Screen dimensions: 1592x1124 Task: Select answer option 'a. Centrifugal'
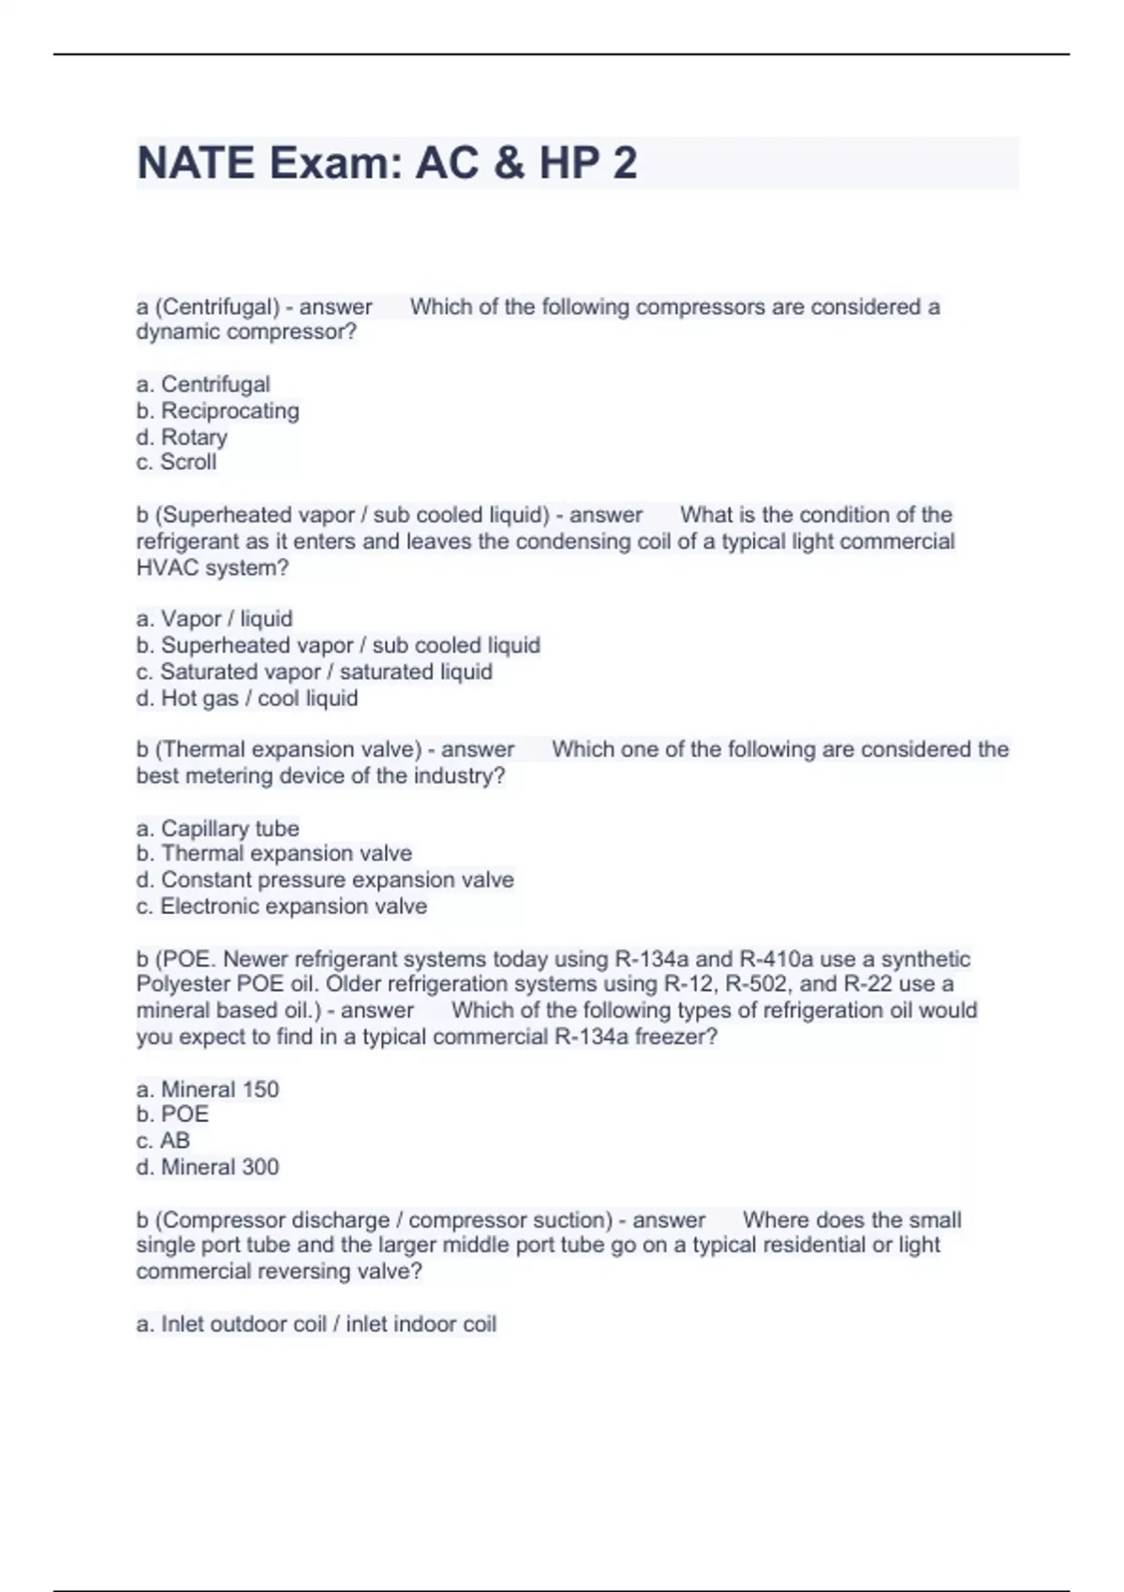pos(203,384)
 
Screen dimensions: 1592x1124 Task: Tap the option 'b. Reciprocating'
pos(217,410)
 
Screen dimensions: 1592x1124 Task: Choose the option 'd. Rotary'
pos(182,436)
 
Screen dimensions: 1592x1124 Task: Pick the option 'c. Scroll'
pos(176,462)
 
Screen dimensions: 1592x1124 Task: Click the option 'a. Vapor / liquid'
pos(214,618)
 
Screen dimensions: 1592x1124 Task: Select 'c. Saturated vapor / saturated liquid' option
pos(314,671)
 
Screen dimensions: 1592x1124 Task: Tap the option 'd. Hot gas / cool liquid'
pos(247,698)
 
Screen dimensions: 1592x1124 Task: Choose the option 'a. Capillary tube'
pos(217,828)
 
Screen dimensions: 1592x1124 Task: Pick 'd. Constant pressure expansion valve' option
pos(325,879)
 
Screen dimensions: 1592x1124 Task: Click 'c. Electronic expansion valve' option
pos(281,906)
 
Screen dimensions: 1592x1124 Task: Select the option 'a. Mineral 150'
pos(207,1089)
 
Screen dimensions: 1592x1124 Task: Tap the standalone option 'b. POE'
pos(172,1113)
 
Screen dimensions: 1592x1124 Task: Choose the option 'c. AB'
pos(163,1140)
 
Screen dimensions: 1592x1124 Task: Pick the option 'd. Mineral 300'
pos(207,1166)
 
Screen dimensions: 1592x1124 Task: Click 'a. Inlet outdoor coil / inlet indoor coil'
pos(316,1323)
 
